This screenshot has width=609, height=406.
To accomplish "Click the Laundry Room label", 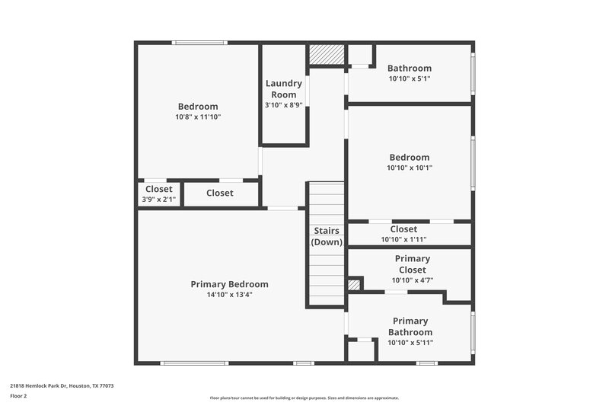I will coord(284,88).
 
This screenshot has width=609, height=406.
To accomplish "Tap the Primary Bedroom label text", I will coord(229,284).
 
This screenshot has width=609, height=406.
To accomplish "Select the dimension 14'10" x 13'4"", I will coord(229,294).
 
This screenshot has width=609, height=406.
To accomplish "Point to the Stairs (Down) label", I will coord(327,236).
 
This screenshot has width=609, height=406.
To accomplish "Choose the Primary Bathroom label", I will coord(410,327).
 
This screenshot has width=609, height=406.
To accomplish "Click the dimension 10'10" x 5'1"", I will coord(410,78).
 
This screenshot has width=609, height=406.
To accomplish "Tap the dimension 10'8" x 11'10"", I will coord(198,117).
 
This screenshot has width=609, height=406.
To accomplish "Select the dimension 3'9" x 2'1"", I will coord(158,200).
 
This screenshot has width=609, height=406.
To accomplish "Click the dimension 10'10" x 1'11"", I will coord(403,239).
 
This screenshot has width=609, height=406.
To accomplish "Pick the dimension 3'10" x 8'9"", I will coord(284,104).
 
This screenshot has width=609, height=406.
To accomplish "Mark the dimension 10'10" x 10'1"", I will coord(410,168).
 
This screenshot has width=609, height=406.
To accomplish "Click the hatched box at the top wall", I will coord(327,55).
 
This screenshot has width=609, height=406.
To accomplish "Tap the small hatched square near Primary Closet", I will coord(353,285).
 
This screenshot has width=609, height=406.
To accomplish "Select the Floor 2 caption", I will coord(18,396).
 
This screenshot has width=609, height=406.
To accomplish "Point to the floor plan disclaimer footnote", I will coord(304,398).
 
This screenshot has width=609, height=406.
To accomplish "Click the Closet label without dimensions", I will coord(219,193).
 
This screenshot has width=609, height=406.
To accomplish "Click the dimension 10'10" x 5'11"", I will coord(410,343).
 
